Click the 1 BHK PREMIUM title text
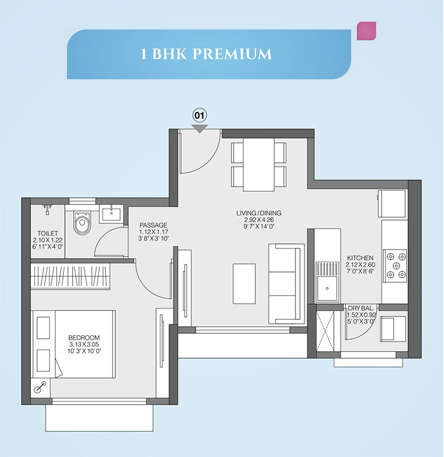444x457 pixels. point(206,54)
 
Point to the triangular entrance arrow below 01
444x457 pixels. point(199,129)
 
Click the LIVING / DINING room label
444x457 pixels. point(259,213)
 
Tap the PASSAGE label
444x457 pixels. point(153,225)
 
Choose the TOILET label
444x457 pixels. point(47,233)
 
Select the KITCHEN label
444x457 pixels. point(360,258)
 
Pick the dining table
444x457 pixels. point(258,165)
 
